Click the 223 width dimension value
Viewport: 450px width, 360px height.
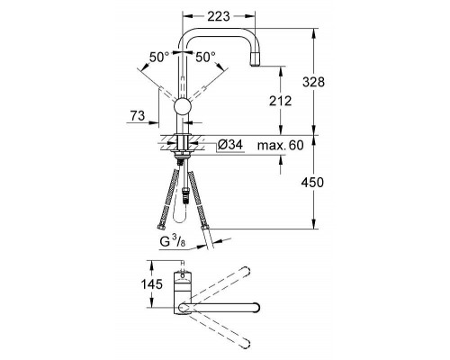(x=219, y=16)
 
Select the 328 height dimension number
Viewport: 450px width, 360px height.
(x=313, y=82)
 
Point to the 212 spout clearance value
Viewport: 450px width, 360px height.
(x=280, y=101)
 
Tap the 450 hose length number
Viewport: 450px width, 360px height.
(x=312, y=183)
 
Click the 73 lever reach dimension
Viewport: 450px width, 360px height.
(x=138, y=115)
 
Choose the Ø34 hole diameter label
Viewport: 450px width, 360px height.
(x=229, y=145)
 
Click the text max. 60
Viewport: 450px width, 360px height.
(x=281, y=146)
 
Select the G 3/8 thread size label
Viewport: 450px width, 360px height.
(x=173, y=241)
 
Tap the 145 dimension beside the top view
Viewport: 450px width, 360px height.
(x=152, y=283)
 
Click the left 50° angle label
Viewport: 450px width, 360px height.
(x=159, y=57)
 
